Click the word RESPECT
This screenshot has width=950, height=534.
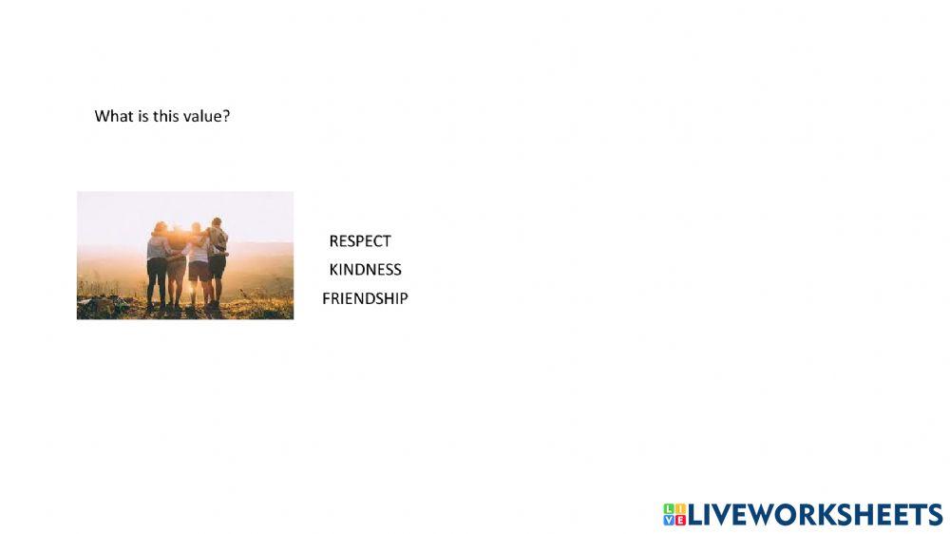pos(360,241)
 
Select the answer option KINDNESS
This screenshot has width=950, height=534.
pos(365,270)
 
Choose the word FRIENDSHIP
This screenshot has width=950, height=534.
pos(365,298)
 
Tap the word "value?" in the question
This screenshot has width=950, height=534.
pos(207,117)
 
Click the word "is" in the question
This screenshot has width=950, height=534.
pos(143,117)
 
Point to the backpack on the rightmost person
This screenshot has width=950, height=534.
pos(221,238)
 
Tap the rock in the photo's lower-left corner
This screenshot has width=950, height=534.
pos(95,305)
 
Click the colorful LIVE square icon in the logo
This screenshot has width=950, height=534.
pos(674,515)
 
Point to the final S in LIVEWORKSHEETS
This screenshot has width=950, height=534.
pos(933,515)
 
